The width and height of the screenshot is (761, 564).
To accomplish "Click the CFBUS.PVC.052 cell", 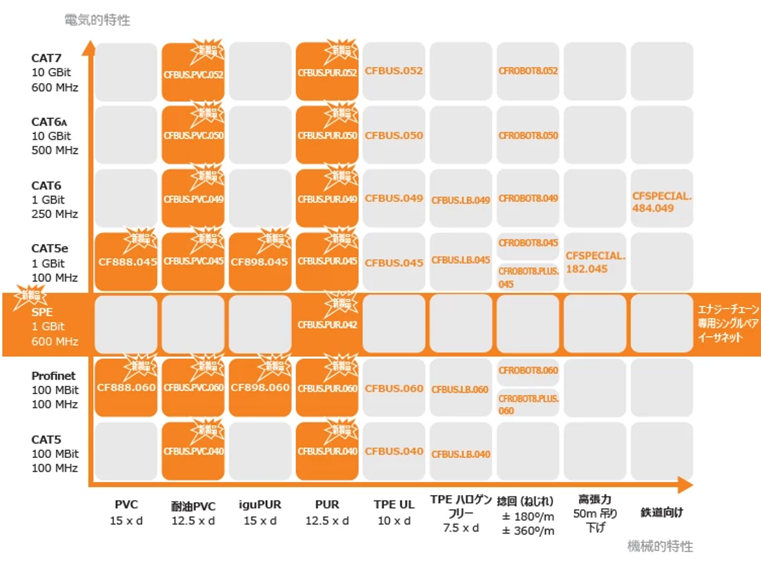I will point(193,72).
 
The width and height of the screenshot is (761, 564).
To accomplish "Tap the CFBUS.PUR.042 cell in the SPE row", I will point(327,325).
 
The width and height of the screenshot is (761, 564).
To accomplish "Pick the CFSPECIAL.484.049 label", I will point(661,202).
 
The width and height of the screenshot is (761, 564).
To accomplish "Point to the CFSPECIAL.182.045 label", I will point(595,262).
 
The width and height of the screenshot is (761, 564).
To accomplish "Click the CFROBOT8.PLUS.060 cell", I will point(528,405).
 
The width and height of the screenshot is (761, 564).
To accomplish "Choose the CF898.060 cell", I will point(260,388).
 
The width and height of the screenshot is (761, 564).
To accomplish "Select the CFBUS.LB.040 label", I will point(461,454).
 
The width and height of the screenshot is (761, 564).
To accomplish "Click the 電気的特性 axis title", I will point(97,20).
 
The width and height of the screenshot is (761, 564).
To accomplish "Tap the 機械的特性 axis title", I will point(660,546).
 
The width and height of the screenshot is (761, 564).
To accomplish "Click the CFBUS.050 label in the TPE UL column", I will point(394,135).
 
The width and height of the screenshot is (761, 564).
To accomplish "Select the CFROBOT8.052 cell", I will point(528,71).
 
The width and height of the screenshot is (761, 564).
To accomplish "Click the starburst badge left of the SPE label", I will point(28,297).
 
